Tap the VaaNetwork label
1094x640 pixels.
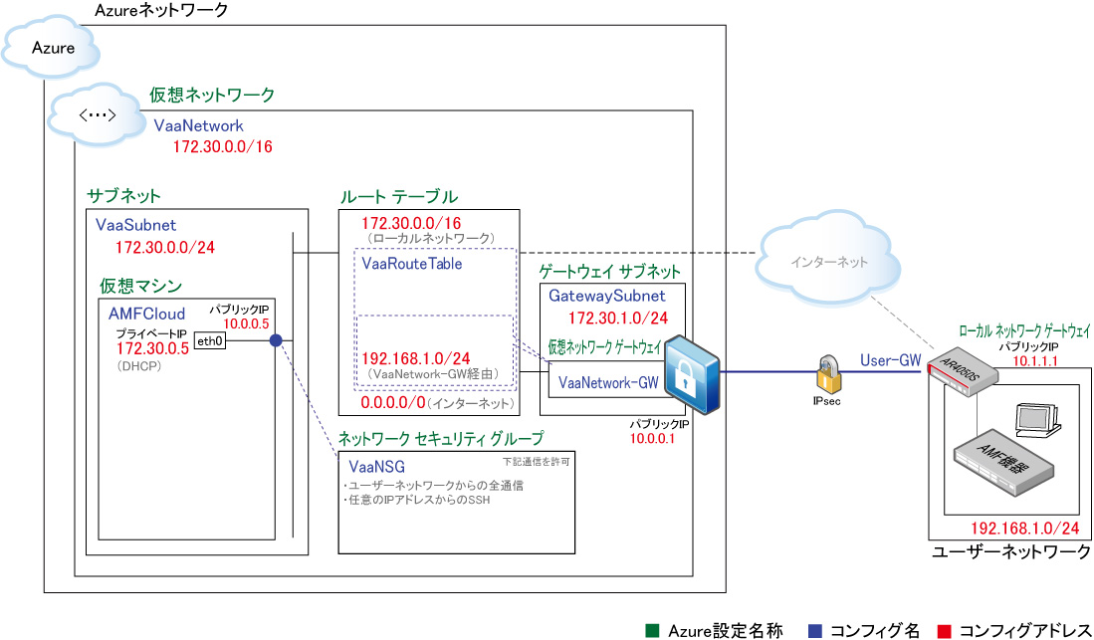(x=199, y=126)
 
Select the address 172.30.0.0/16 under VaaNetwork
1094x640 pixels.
(x=223, y=147)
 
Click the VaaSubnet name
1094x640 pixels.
(x=136, y=226)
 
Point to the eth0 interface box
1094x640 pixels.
(x=210, y=341)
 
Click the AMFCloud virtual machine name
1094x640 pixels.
(x=147, y=314)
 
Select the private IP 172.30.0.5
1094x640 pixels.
(x=152, y=349)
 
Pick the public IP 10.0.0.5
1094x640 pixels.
(x=246, y=323)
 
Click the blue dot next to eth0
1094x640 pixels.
(x=276, y=341)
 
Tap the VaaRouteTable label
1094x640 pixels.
(x=412, y=265)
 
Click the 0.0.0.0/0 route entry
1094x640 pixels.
(x=393, y=404)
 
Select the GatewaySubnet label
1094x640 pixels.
(x=607, y=296)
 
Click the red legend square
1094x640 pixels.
(x=946, y=630)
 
